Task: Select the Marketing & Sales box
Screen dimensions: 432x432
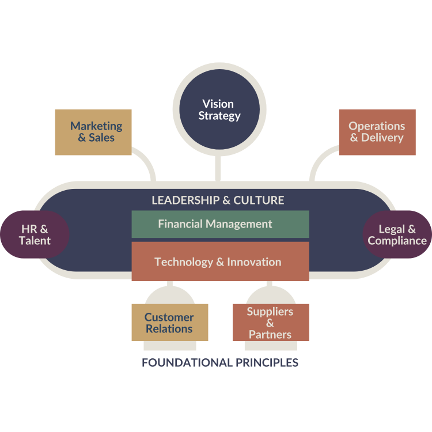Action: click(93, 132)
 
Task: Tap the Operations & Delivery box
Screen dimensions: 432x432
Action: click(377, 132)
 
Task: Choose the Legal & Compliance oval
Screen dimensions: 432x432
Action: click(397, 235)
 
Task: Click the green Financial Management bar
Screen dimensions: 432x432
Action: click(220, 224)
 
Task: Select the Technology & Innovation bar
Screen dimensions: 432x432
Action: click(220, 262)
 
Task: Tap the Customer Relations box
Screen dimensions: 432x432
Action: click(169, 323)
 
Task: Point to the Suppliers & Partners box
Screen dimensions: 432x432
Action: click(270, 323)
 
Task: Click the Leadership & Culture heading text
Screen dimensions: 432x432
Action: click(218, 200)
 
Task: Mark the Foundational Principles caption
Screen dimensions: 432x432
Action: click(220, 363)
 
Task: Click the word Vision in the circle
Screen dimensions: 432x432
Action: click(218, 104)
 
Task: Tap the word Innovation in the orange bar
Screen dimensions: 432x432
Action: click(254, 262)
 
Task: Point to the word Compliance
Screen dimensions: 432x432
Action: click(397, 241)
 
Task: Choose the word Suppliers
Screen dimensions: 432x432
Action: click(270, 312)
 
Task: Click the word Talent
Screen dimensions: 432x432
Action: click(35, 241)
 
